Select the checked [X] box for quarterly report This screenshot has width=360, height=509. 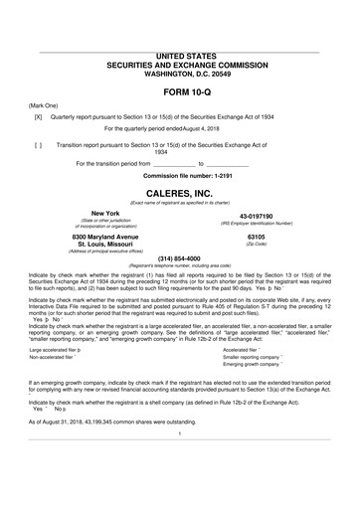pos(38,116)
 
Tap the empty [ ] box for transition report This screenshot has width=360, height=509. pos(38,144)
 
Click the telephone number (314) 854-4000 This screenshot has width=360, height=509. pos(179,258)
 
